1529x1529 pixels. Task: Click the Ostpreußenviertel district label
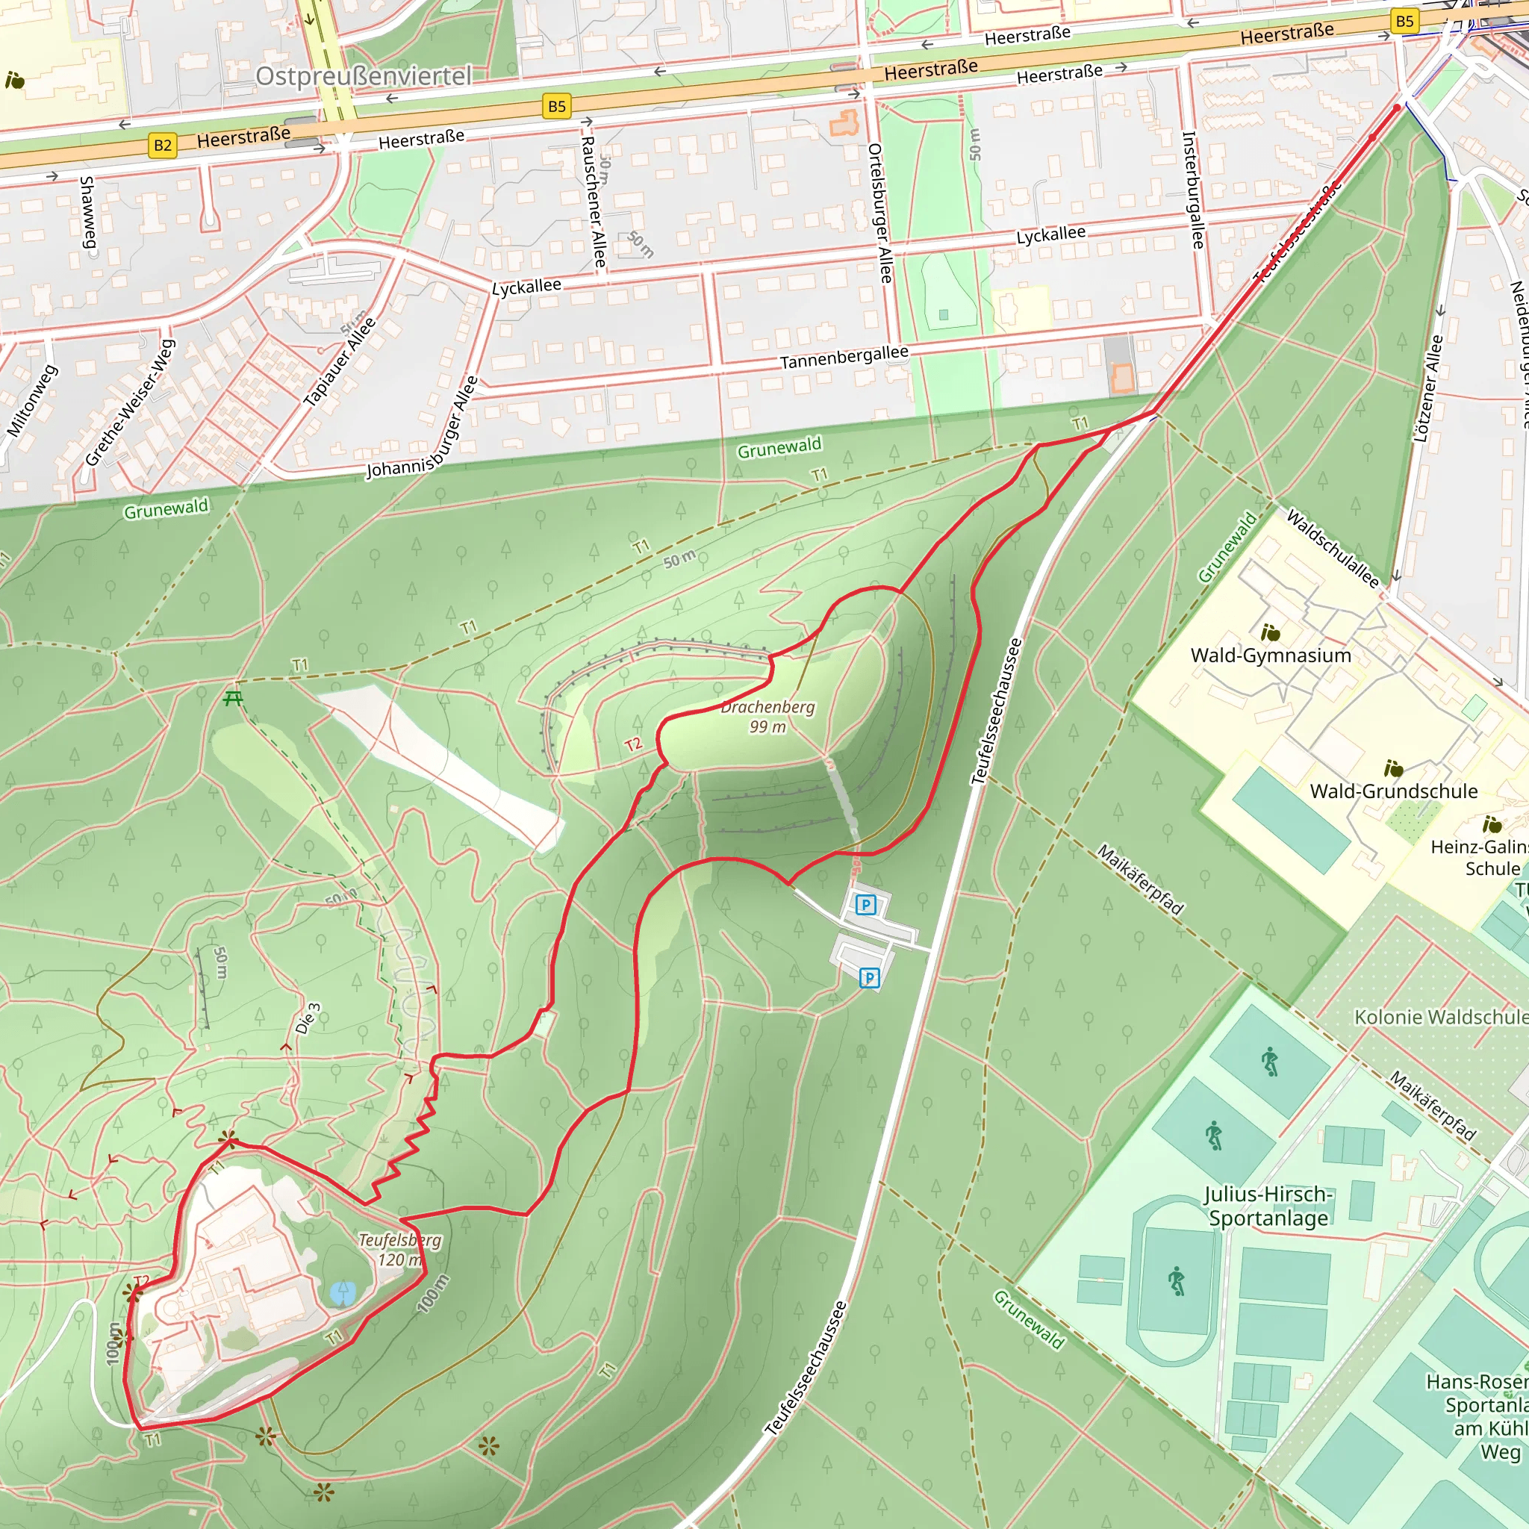click(x=364, y=76)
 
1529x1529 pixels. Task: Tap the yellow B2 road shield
click(x=162, y=145)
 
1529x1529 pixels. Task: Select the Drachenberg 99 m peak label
click(x=767, y=716)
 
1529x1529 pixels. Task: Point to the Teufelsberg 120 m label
click(x=399, y=1250)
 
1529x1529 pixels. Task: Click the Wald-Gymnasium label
click(x=1270, y=655)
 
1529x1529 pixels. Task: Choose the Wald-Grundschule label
click(x=1393, y=791)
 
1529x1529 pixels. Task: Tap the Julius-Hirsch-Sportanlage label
click(x=1268, y=1205)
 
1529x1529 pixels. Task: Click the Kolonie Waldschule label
click(x=1440, y=1017)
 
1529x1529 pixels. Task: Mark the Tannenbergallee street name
click(x=844, y=357)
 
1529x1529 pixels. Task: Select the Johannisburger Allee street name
click(x=423, y=428)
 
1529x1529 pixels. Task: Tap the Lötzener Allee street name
click(x=1427, y=388)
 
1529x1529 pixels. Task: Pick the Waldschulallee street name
click(x=1333, y=548)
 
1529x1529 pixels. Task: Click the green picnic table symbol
click(x=233, y=698)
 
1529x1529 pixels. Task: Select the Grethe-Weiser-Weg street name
click(x=130, y=403)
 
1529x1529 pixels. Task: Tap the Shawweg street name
click(x=87, y=212)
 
